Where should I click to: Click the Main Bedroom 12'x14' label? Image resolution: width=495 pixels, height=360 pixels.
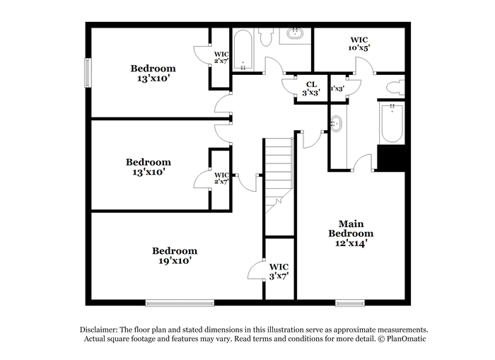coord(351,233)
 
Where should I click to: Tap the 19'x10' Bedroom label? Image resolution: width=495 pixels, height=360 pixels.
coord(175,256)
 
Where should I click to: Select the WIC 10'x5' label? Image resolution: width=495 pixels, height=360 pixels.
coord(359,44)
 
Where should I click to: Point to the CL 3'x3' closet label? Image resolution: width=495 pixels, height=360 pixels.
coord(311,88)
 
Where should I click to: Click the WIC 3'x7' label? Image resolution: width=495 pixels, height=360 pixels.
coord(279,272)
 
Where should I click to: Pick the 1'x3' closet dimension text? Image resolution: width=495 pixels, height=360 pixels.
coord(337,88)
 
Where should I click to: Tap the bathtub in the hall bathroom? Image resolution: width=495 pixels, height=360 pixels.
coord(243,50)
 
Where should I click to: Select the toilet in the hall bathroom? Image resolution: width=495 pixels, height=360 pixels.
coord(266,37)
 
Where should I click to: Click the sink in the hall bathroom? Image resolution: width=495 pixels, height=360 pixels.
coord(295,33)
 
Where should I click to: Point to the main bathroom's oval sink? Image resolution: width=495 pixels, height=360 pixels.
coord(336,124)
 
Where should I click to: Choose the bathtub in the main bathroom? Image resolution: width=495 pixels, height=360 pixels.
coord(392,123)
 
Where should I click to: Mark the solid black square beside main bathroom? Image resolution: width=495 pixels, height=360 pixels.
coord(392,158)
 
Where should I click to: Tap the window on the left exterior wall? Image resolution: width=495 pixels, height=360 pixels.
coord(88,72)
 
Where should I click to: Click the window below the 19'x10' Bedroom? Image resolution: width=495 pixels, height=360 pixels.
coord(180,303)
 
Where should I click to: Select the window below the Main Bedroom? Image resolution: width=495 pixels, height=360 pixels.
coord(350,303)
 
